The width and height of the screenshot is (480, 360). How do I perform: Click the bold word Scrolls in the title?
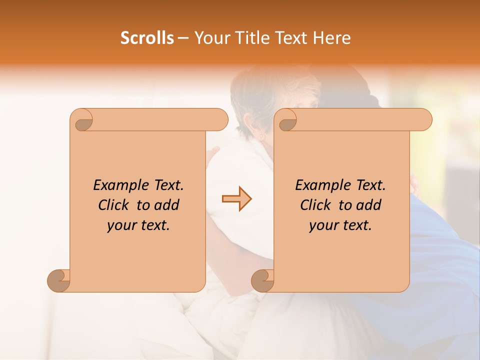[147, 38]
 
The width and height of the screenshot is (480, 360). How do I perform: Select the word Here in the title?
[332, 38]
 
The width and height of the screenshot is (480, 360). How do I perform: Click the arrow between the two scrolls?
[236, 199]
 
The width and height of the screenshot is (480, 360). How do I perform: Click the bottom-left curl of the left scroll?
[59, 280]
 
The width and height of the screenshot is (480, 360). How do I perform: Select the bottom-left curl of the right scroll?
[263, 280]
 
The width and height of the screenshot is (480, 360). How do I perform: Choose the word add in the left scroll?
[167, 205]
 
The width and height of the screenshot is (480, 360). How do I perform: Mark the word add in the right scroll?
[369, 205]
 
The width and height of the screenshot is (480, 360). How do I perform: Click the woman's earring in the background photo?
[260, 135]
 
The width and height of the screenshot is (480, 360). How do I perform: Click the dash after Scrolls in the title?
[183, 38]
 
